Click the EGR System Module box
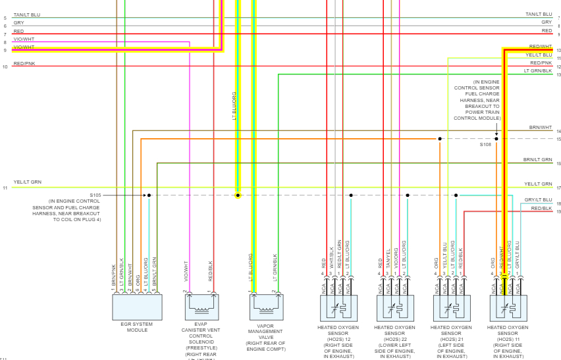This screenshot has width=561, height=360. (137, 307)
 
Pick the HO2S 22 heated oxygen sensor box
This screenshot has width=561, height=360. (395, 307)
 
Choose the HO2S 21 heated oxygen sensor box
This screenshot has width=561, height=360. (452, 307)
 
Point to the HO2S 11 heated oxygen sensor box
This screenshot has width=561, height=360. (508, 307)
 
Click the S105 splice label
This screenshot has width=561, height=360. (96, 195)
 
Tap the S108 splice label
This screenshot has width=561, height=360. (485, 144)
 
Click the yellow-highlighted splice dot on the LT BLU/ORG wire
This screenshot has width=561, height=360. (238, 195)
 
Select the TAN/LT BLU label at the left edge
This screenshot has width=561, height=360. (27, 14)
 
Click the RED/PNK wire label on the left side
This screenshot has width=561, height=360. (24, 64)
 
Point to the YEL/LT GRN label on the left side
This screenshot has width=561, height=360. (27, 182)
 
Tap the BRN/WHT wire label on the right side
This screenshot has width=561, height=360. (541, 127)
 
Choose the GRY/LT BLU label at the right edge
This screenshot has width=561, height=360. (539, 199)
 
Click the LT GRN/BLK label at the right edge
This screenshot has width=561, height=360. (538, 70)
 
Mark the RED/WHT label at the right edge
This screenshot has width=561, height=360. (541, 47)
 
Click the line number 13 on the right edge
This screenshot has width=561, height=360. (558, 75)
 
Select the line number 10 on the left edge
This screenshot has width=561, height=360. (5, 66)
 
